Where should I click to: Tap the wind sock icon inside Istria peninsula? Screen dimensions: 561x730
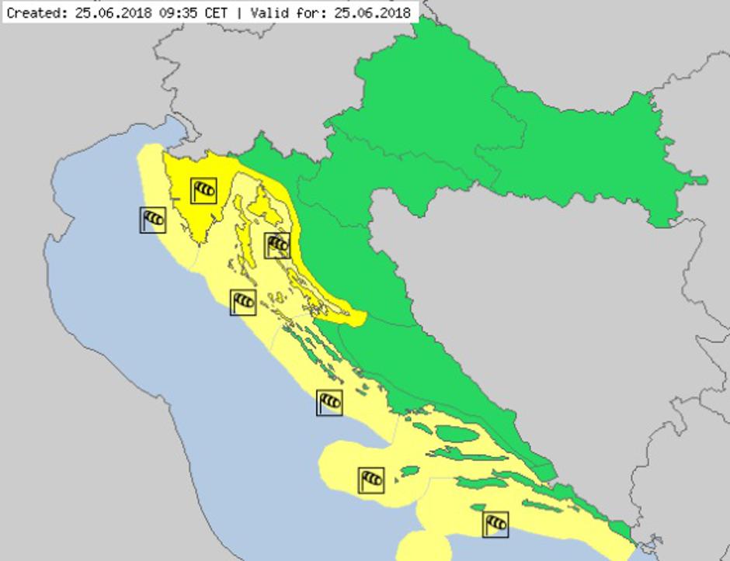(x=203, y=189)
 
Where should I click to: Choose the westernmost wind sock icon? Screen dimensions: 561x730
(x=153, y=220)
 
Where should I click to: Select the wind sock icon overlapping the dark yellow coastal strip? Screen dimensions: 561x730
(x=277, y=245)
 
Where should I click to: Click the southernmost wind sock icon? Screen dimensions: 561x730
(x=495, y=524)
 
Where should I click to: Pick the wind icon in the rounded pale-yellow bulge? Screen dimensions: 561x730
(x=371, y=480)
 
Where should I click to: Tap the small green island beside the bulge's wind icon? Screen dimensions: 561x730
(x=408, y=470)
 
